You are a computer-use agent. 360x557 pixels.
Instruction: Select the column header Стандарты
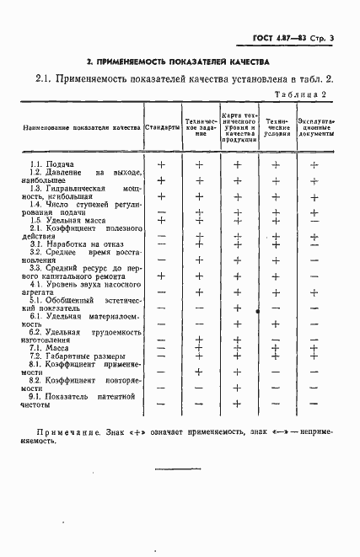(x=162, y=127)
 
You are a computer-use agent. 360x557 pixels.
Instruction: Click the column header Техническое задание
(x=200, y=127)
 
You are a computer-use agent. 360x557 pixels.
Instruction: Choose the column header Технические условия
(x=275, y=127)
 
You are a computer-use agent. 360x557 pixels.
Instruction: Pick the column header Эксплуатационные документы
(x=315, y=127)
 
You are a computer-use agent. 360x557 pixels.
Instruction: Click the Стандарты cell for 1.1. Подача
(x=161, y=164)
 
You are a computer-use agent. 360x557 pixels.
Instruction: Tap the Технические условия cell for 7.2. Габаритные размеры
(x=275, y=356)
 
